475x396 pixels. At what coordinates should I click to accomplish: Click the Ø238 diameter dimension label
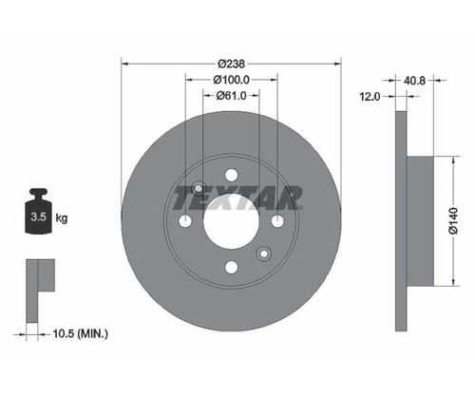(232, 64)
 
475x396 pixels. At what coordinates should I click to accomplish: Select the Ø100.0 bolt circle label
(232, 80)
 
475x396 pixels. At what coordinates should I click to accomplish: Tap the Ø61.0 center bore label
(232, 95)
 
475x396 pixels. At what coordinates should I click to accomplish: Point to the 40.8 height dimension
(414, 81)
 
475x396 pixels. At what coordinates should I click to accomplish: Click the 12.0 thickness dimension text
(370, 96)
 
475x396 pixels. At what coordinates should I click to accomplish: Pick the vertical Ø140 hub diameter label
(453, 220)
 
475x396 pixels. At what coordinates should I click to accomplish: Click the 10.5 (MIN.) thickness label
(81, 333)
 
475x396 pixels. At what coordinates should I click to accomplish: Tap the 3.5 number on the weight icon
(38, 217)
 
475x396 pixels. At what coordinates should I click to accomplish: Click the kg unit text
(62, 218)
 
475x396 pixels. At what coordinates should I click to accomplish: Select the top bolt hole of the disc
(232, 175)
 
